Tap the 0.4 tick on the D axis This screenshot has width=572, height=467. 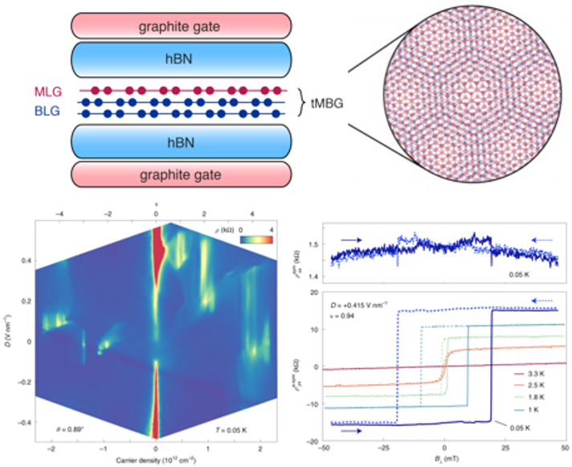coord(23,260)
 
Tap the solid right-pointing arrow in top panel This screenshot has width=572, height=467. coord(346,239)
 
